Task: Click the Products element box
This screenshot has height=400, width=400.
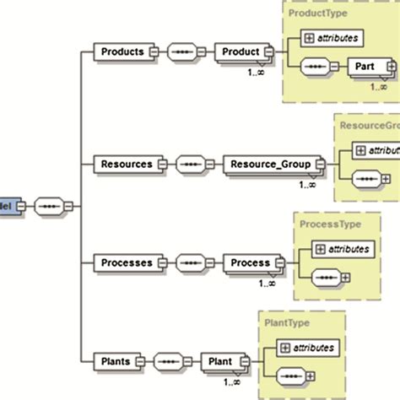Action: (x=122, y=51)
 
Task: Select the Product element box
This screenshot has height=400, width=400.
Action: (x=240, y=51)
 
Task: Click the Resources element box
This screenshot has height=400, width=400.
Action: (x=127, y=164)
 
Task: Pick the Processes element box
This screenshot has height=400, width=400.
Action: (x=127, y=262)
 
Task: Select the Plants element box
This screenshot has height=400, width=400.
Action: (x=116, y=361)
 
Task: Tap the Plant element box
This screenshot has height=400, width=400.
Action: (x=221, y=361)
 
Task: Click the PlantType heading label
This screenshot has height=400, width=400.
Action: (x=286, y=322)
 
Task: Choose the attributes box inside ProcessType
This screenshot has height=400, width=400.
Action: (x=341, y=248)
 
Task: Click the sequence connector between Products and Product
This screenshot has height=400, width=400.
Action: (x=183, y=51)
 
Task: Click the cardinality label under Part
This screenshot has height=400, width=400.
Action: (x=379, y=85)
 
